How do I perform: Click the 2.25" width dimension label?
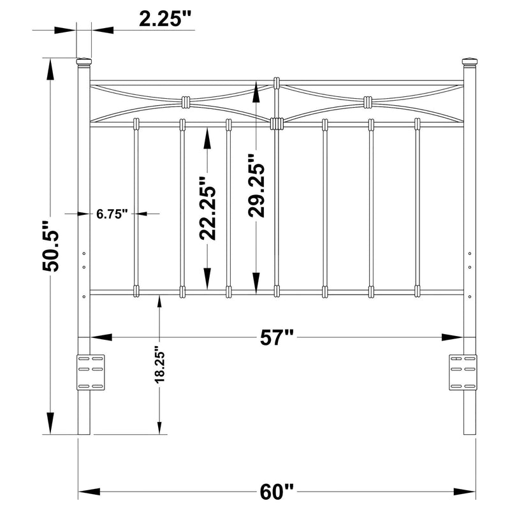[x=165, y=19]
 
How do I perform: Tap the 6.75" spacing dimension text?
[x=113, y=214]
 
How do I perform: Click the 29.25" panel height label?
[x=258, y=186]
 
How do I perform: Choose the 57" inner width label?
[x=279, y=337]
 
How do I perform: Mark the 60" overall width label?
[x=277, y=492]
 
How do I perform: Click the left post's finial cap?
[x=84, y=62]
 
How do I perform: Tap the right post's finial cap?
[x=469, y=62]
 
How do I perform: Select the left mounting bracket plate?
[x=91, y=372]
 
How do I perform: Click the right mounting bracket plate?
[x=463, y=372]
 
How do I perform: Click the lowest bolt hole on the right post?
[x=470, y=296]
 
